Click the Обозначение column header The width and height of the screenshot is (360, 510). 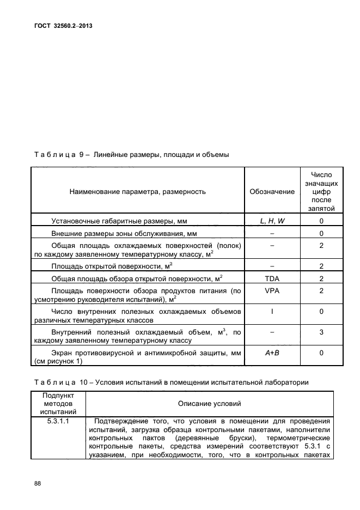coord(272,191)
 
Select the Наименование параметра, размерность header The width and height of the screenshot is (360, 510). coord(137,191)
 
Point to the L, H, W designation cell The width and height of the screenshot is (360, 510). coord(272,221)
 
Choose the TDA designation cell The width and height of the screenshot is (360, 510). coord(272,278)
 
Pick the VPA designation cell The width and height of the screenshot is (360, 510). coord(272,291)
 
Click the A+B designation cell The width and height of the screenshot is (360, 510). coord(272,353)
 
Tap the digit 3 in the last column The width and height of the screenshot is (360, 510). coord(321,332)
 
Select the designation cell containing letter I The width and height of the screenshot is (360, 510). coord(272,311)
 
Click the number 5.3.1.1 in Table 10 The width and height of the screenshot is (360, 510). coord(58,421)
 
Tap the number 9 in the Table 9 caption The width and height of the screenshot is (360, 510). coord(81,155)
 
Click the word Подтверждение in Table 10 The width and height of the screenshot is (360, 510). coord(121,421)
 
